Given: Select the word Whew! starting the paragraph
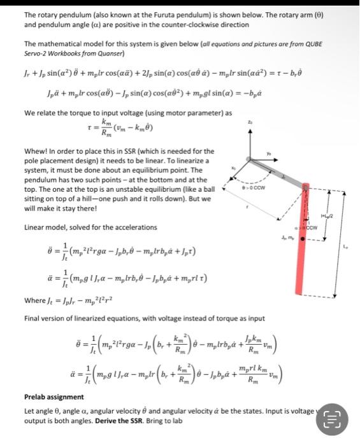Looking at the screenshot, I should (x=36, y=150).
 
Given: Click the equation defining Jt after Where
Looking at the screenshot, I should (x=80, y=299).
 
